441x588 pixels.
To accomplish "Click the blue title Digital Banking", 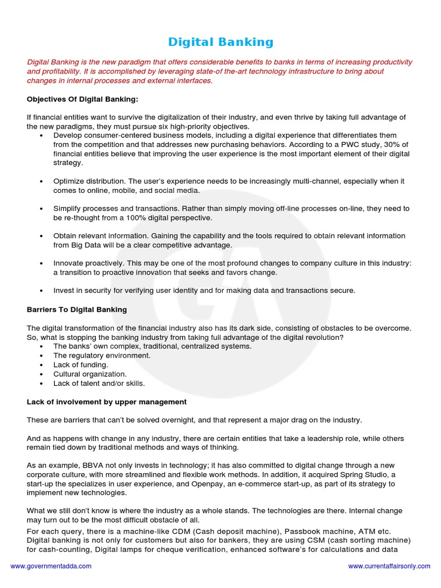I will [x=220, y=42].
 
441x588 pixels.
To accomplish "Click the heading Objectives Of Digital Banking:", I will [x=82, y=99].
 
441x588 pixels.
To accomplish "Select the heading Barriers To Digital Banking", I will [x=77, y=310].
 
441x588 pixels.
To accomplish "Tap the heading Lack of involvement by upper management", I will [x=107, y=401].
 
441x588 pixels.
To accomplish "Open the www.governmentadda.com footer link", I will [x=51, y=566].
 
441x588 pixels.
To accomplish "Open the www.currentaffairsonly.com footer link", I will [x=389, y=566].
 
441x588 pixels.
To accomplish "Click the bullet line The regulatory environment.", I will [x=102, y=355].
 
